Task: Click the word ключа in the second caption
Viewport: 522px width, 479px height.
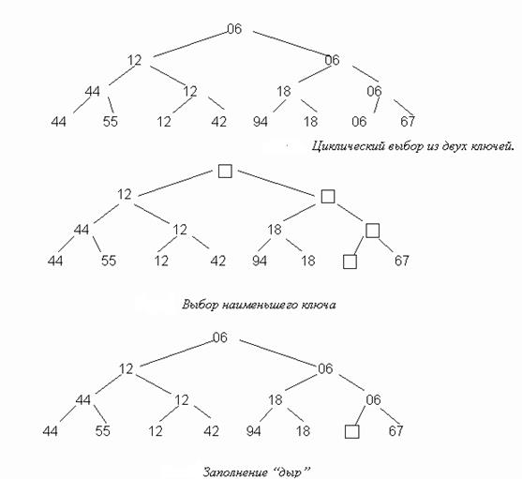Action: pos(319,305)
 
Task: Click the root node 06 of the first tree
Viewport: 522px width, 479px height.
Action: pos(234,29)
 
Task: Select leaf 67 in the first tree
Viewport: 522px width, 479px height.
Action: pos(408,122)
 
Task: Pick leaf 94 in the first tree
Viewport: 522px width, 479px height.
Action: pos(260,122)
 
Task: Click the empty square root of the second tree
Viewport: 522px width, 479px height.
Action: pos(225,172)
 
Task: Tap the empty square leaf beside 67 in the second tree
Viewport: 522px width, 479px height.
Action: pos(350,262)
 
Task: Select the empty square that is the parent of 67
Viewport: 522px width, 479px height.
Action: pos(373,231)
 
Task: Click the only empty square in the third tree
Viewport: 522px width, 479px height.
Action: pos(351,432)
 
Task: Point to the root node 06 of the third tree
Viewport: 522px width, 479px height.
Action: pos(219,337)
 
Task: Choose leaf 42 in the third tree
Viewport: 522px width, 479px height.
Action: pos(212,431)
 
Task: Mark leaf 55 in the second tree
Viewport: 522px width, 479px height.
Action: pos(109,261)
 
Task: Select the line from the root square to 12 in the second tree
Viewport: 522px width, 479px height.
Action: pos(176,183)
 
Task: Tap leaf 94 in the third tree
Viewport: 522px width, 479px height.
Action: pos(253,431)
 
